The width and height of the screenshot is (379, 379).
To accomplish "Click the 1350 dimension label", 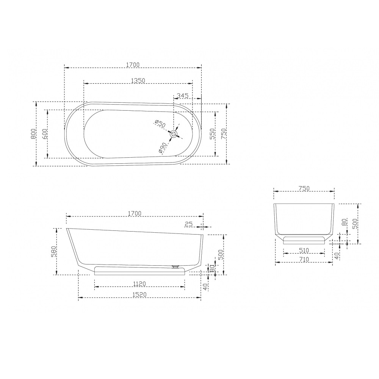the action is coord(138,80).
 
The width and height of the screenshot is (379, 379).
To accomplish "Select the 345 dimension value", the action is coord(183,96).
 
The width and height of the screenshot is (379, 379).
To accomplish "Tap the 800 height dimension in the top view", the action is coord(33,134).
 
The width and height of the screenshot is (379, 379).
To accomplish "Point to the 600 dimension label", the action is coord(44,134).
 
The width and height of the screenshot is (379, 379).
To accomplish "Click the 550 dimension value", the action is coord(212,134).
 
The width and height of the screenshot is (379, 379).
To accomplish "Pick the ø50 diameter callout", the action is coord(160,124).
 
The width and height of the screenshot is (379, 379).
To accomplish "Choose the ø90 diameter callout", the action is coord(163,148).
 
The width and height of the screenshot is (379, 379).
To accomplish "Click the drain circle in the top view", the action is coord(174,134).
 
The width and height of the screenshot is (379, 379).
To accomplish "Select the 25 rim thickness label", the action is coord(188,224).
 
